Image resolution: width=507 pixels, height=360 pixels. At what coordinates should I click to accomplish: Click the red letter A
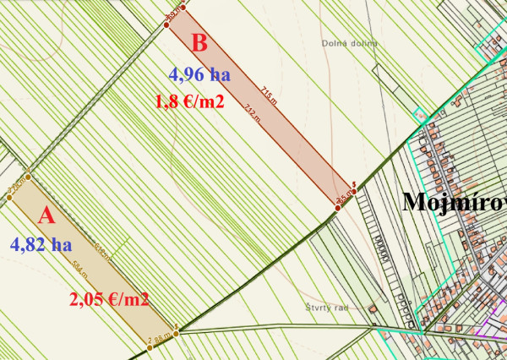[x=46, y=215]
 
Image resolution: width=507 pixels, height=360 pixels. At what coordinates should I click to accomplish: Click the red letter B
[x=200, y=42]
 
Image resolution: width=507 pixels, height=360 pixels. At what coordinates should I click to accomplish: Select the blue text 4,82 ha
[x=40, y=244]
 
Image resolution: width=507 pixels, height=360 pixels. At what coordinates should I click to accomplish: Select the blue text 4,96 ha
[x=199, y=74]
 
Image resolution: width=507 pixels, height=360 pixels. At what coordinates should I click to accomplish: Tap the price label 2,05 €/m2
[x=109, y=299]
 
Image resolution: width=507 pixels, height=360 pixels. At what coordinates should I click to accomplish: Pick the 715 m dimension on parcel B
[x=268, y=94]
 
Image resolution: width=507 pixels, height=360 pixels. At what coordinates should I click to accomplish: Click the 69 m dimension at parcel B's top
[x=173, y=14]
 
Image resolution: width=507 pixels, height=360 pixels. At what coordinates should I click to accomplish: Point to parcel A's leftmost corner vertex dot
[x=9, y=199]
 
